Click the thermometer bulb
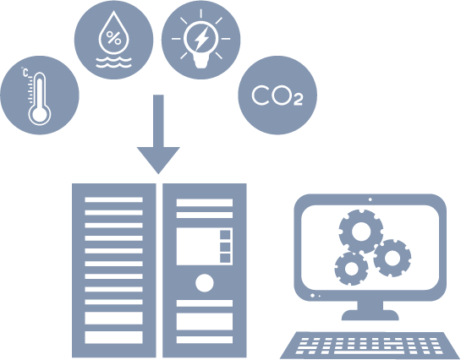coord(40,113)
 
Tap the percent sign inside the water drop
coord(113,37)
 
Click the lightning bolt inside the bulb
coord(201,38)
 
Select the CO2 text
coord(277,95)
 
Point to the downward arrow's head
coord(158,160)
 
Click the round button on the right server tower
coord(205,283)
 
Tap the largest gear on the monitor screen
coord(361,232)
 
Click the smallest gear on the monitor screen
coord(351,269)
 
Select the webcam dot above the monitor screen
coord(370,199)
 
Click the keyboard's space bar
coord(369,352)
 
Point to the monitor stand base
coord(370,315)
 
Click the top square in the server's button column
coord(225,235)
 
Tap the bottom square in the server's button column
coord(225,258)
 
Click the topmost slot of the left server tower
coord(114,199)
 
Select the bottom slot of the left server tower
coord(114,337)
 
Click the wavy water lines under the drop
coord(114,63)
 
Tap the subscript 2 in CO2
coord(298,100)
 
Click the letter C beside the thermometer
coord(25,73)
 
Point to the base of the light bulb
coord(200,63)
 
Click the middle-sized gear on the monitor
coord(392,258)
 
